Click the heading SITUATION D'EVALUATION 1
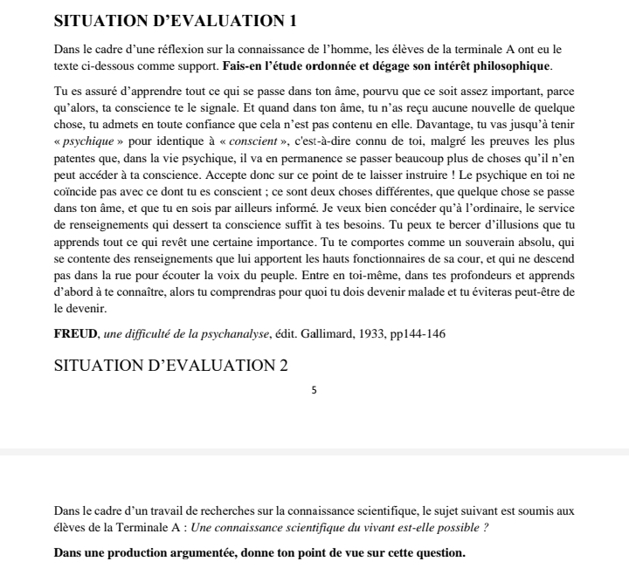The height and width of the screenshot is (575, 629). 176,21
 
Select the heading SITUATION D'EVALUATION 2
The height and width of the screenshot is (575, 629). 170,366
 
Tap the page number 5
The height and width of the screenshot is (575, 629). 314,388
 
